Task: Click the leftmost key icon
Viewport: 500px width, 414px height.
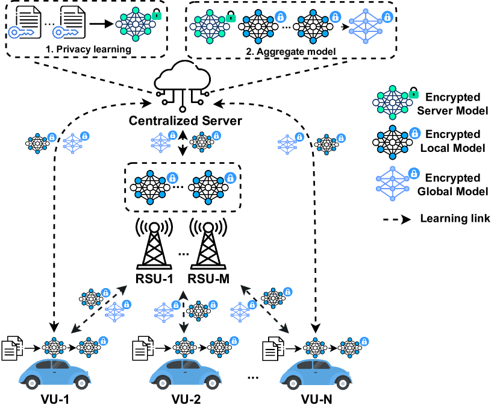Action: (20, 32)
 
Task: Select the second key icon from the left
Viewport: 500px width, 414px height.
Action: (65, 32)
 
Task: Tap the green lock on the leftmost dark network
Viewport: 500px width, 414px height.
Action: (157, 16)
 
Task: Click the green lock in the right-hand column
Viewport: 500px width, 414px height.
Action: (413, 95)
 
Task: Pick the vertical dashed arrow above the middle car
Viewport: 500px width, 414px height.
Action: (184, 312)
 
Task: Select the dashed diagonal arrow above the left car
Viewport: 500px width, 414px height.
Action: (99, 309)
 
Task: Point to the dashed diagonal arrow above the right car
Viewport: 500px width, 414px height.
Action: (264, 309)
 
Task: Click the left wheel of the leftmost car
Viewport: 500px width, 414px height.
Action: (32, 383)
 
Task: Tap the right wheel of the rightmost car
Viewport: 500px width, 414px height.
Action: (343, 383)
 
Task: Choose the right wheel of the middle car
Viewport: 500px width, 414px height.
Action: (212, 383)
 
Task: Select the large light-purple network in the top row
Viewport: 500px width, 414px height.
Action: (365, 26)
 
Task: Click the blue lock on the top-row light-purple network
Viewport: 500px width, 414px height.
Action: (387, 17)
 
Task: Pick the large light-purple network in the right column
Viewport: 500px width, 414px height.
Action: (392, 183)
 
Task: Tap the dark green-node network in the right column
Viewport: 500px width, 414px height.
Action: (392, 102)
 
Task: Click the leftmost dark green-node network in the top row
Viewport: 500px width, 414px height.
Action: (136, 24)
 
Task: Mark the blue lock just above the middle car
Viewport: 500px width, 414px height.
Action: (234, 341)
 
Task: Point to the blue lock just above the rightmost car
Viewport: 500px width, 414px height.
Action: (364, 342)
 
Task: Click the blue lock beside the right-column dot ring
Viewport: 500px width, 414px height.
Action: (414, 133)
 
